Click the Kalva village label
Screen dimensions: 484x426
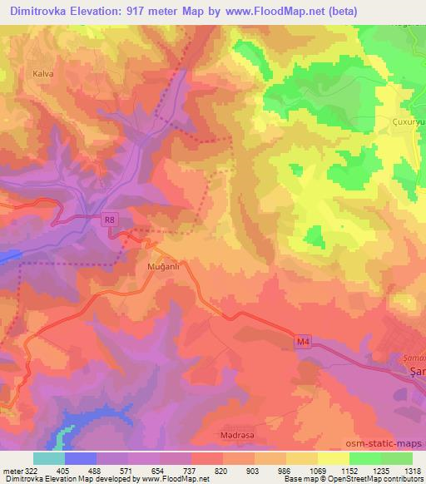coord(43,72)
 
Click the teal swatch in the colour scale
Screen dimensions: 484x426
coord(48,457)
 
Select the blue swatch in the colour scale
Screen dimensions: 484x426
coord(80,457)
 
